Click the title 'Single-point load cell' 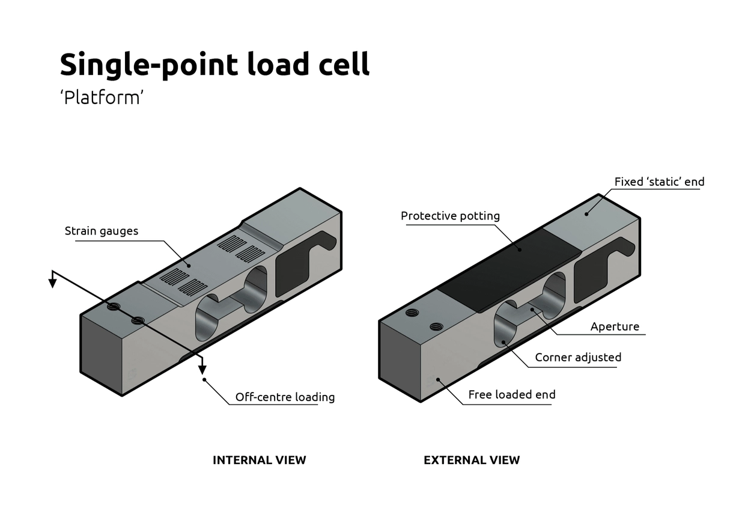tap(214, 64)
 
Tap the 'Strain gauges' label tap(102, 231)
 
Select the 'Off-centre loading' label tap(285, 397)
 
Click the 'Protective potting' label tap(450, 216)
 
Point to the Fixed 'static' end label tap(659, 182)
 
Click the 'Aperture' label tap(615, 326)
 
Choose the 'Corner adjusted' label tap(578, 357)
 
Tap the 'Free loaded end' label tap(512, 394)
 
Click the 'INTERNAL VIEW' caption tap(259, 460)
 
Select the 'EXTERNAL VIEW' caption tap(472, 460)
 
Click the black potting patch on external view tap(505, 268)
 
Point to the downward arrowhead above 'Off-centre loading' tap(202, 368)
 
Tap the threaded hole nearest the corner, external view tap(412, 313)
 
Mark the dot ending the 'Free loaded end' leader tap(439, 379)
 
